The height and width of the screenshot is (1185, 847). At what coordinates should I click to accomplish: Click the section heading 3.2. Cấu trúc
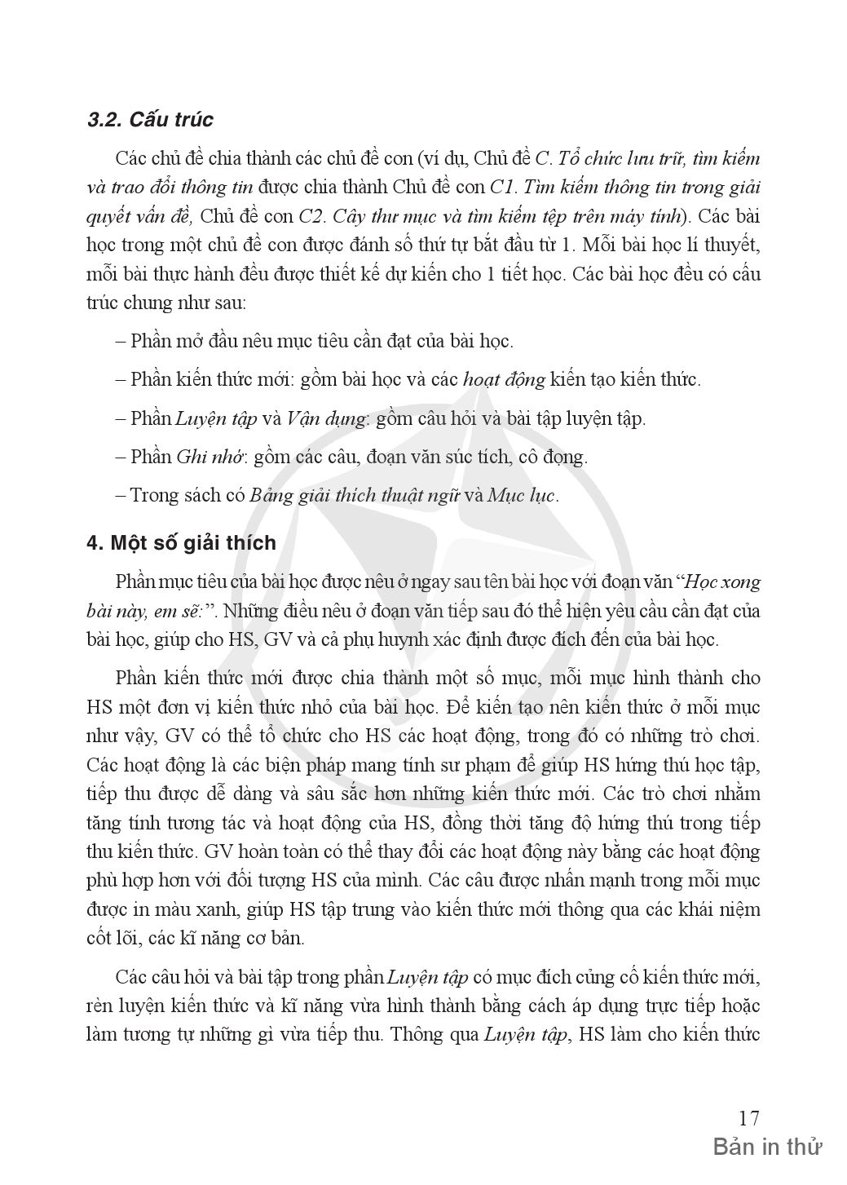tap(150, 119)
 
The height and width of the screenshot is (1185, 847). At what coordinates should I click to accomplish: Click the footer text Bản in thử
tap(767, 1147)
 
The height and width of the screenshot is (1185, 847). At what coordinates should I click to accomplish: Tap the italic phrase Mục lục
tap(521, 495)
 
